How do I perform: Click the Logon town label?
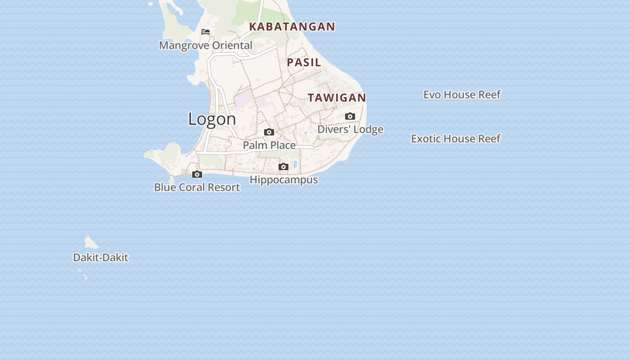tap(212, 119)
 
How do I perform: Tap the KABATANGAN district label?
tap(292, 27)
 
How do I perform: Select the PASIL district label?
tap(304, 63)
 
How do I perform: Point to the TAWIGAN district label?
tap(337, 98)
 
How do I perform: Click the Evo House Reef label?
tap(462, 94)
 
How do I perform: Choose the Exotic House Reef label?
tap(455, 139)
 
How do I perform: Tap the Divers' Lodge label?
tap(350, 130)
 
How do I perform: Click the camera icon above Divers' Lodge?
tap(350, 117)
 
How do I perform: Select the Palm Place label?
tap(269, 145)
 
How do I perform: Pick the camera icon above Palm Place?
tap(269, 132)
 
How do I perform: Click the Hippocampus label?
tap(283, 180)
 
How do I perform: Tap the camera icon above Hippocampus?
tap(283, 167)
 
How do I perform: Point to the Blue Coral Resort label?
tap(197, 187)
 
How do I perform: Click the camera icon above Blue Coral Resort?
tap(197, 175)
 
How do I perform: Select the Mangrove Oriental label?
tap(206, 45)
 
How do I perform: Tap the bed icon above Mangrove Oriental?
tap(206, 32)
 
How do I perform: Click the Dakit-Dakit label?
tap(100, 257)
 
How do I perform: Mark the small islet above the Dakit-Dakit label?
tap(91, 243)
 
